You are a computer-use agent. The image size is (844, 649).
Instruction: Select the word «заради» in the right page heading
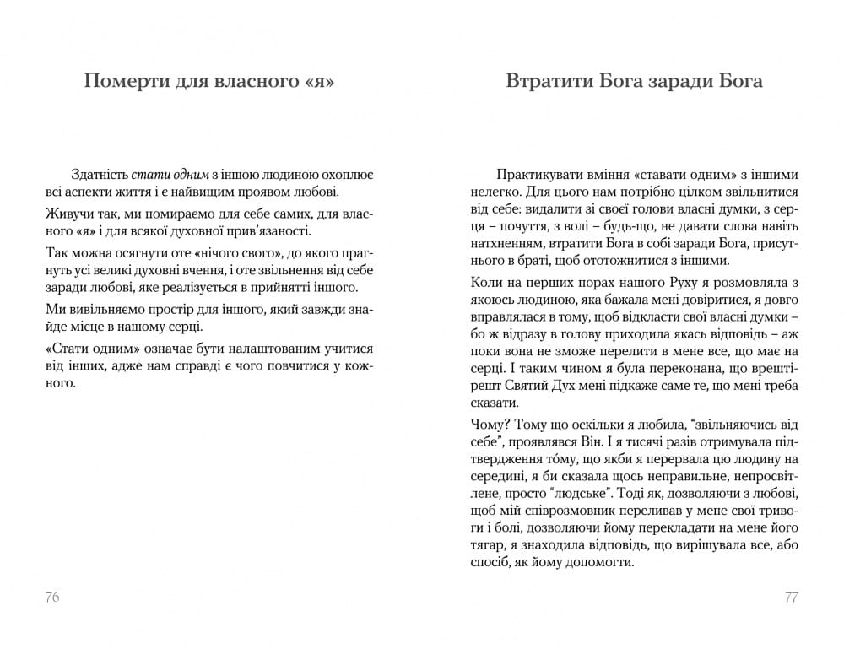(684, 82)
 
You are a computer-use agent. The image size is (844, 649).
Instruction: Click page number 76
(51, 598)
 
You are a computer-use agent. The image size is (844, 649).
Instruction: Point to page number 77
(791, 598)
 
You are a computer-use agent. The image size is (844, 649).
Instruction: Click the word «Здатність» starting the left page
(100, 175)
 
